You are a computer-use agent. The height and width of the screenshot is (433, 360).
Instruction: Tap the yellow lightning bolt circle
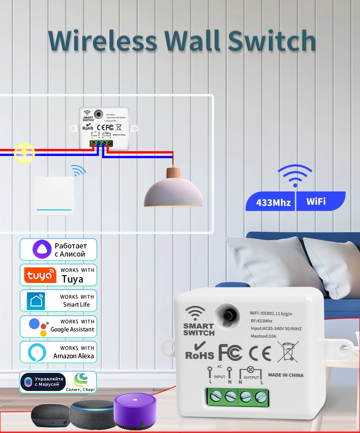[24, 153]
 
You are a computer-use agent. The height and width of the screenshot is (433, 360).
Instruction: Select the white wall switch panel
[54, 195]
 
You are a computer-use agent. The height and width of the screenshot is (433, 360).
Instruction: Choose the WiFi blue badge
[316, 201]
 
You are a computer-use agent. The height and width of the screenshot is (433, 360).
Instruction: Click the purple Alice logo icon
[42, 249]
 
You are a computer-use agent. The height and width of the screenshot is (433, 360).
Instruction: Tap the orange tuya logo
[40, 275]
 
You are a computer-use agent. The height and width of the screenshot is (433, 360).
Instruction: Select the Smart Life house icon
[36, 301]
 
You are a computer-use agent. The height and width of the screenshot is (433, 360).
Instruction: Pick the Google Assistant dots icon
[39, 326]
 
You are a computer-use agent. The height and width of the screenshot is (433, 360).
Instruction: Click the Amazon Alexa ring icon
[37, 352]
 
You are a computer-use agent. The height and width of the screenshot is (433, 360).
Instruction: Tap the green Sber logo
[81, 380]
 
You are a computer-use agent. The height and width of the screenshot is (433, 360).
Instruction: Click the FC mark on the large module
[230, 352]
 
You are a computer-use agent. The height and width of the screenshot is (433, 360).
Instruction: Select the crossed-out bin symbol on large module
[288, 352]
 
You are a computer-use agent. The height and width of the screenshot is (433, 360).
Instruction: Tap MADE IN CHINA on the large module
[285, 375]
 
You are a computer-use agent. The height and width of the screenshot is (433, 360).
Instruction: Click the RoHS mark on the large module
[200, 351]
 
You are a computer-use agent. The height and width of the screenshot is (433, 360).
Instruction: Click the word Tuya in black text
[73, 279]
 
